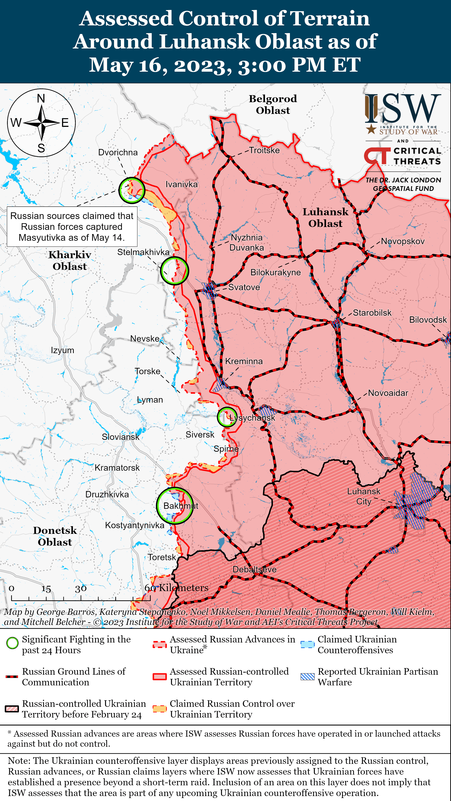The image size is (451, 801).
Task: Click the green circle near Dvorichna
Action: tap(131, 190)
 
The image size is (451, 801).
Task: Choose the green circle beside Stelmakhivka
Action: tap(174, 271)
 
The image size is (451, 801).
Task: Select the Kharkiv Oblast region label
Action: tap(70, 261)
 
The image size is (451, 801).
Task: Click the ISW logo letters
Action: tap(403, 109)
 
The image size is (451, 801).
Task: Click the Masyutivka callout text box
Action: tap(72, 227)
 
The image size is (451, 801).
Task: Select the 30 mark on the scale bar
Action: tap(81, 589)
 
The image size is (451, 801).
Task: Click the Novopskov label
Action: tap(403, 241)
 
